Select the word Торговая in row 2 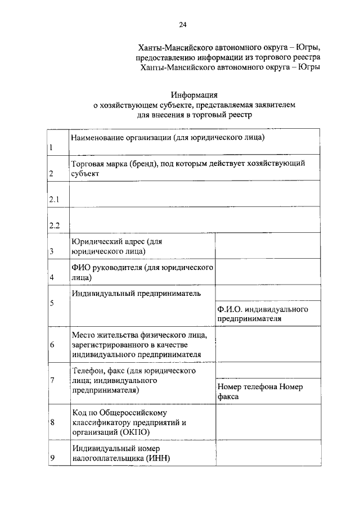(87, 164)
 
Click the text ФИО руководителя (105, 267)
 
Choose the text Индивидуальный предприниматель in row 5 (136, 293)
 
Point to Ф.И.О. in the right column (230, 310)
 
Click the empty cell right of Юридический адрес (268, 246)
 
